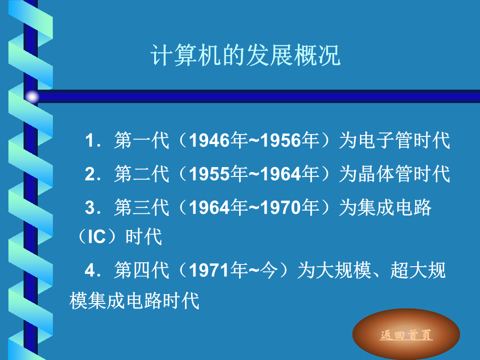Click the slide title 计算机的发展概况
245,55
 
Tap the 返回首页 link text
406,335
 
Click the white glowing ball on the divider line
32,97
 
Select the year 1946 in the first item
209,140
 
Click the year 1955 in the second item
209,174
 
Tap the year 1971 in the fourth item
209,270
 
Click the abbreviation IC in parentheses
97,236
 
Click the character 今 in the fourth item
268,270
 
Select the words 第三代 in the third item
141,207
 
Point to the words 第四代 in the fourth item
141,270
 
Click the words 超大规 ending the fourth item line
418,270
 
